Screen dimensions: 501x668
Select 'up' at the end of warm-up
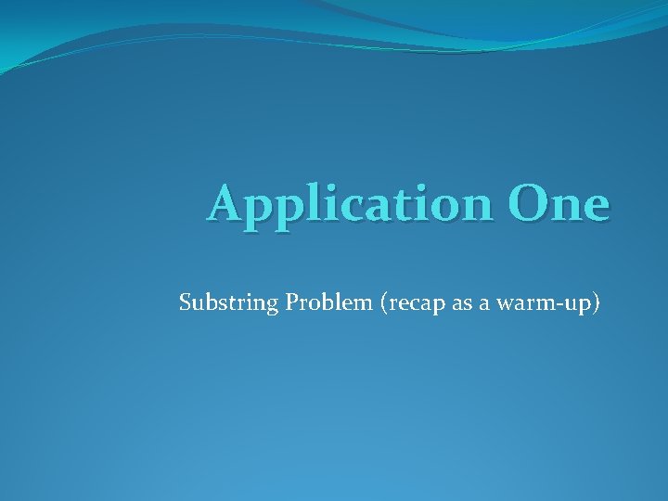(x=583, y=304)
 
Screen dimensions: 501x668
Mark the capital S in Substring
(x=185, y=302)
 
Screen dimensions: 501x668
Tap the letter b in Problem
(x=322, y=302)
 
